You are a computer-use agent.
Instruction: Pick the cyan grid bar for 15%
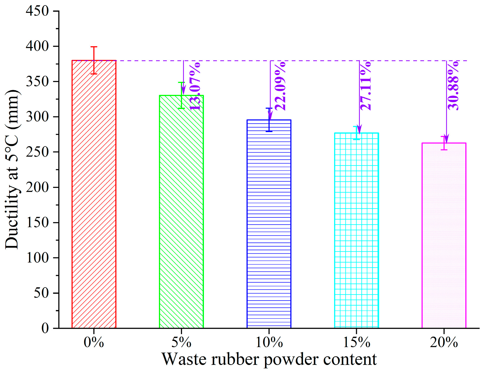point(356,230)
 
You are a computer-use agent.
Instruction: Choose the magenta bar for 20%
point(444,235)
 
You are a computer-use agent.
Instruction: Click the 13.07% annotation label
point(195,87)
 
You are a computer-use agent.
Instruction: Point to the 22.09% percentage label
point(280,86)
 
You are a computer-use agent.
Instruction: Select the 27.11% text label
point(366,86)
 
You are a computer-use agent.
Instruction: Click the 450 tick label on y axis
point(37,11)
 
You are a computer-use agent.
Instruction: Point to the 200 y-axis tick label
point(37,187)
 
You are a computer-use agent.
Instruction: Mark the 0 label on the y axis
point(45,328)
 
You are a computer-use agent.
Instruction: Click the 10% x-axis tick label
point(269,342)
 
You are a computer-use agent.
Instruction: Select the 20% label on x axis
point(444,342)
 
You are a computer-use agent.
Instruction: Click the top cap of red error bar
point(94,47)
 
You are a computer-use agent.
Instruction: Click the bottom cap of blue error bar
point(269,131)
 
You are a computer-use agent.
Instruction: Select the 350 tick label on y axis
point(37,82)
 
